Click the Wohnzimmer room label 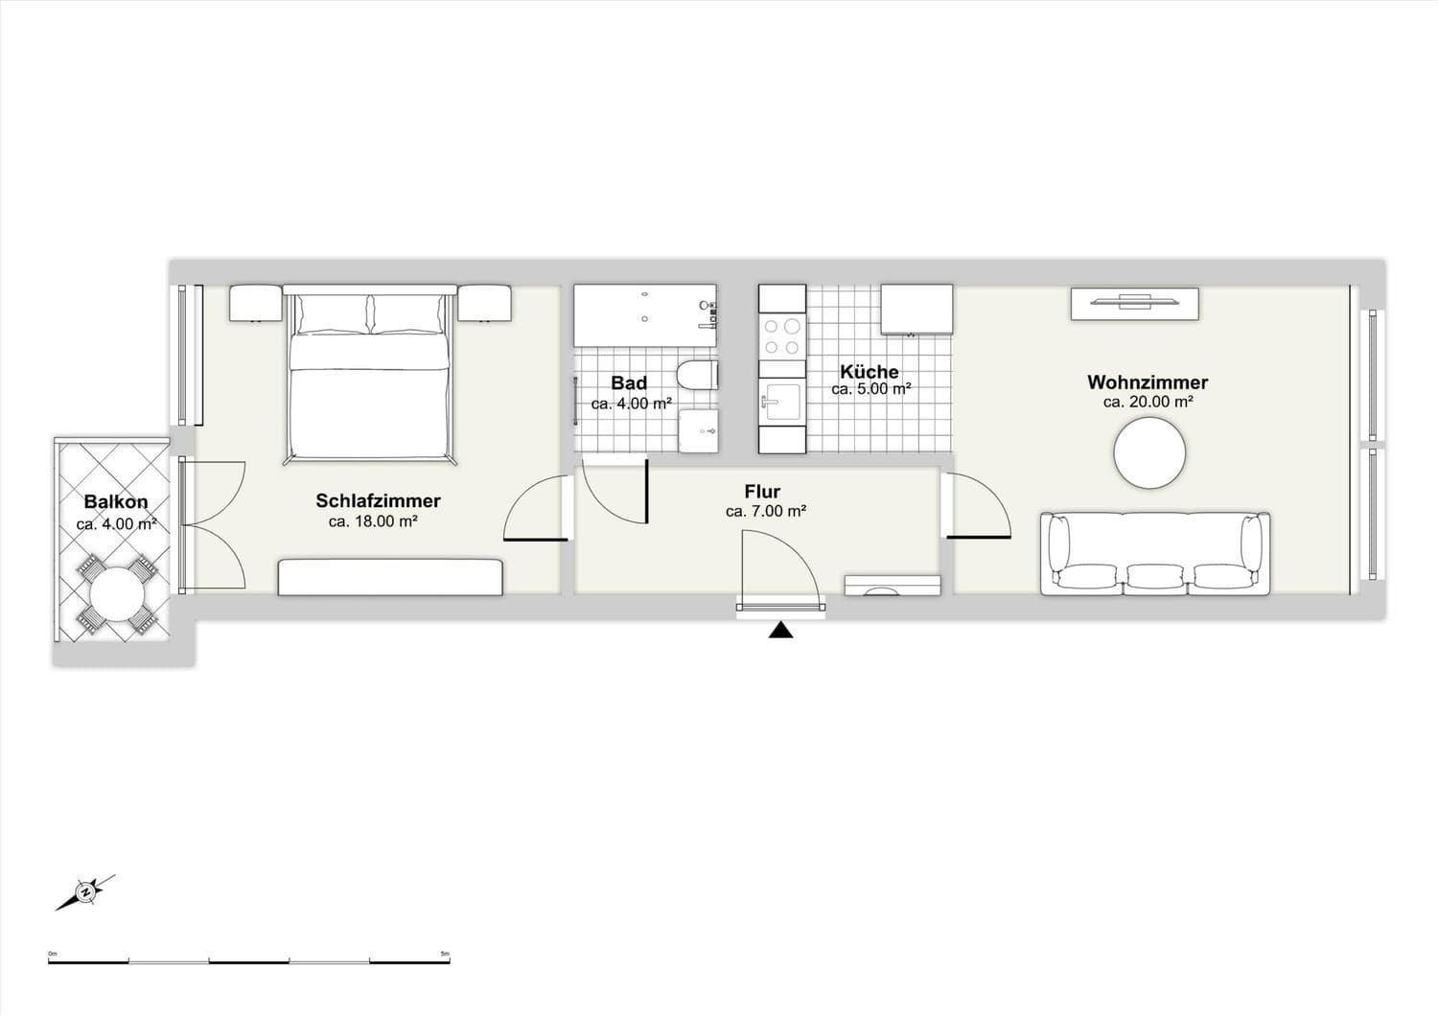pos(1148,382)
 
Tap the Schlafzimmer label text pos(378,500)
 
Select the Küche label pos(870,371)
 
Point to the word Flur pos(763,492)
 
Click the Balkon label pos(116,501)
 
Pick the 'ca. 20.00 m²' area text pos(1148,403)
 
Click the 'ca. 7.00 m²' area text pos(766,512)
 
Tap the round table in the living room pos(1149,453)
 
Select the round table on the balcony pos(117,593)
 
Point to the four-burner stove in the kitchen pos(782,336)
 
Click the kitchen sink pos(782,402)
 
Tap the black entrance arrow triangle pos(780,631)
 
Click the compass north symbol pos(85,892)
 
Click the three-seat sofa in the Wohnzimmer pos(1155,554)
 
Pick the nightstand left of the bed pos(256,303)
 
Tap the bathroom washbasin pos(699,430)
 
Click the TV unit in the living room pos(1134,304)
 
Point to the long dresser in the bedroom pos(390,577)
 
